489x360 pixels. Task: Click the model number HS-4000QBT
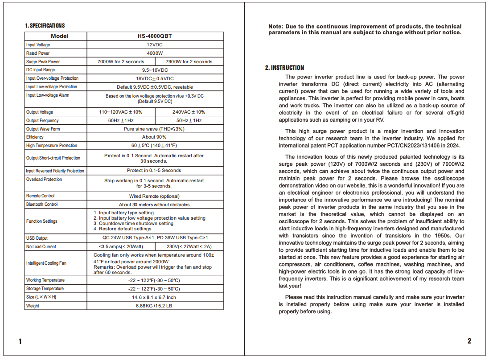click(x=155, y=36)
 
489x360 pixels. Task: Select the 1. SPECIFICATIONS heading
click(x=45, y=25)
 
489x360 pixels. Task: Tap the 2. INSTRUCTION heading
click(x=284, y=68)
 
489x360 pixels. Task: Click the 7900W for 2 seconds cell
click(x=189, y=61)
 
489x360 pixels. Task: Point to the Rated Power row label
click(x=38, y=53)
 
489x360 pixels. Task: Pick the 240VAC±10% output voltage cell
click(x=189, y=112)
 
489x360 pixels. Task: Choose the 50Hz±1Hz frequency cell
click(x=189, y=120)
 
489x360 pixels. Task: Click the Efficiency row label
click(x=35, y=137)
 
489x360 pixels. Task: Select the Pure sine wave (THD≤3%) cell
click(x=155, y=129)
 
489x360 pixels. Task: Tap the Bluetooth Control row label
click(x=42, y=205)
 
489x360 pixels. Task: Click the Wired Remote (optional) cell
click(x=155, y=196)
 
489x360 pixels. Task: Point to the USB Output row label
click(x=37, y=238)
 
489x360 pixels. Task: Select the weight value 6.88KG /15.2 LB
click(x=155, y=306)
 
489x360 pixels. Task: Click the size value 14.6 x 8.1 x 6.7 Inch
click(x=155, y=297)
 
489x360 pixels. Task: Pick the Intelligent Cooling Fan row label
click(x=46, y=263)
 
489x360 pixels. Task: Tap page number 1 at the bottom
click(x=20, y=342)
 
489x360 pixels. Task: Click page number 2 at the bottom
click(x=469, y=341)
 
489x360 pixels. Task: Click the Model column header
click(x=60, y=36)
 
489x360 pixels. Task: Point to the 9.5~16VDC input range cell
click(x=155, y=70)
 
